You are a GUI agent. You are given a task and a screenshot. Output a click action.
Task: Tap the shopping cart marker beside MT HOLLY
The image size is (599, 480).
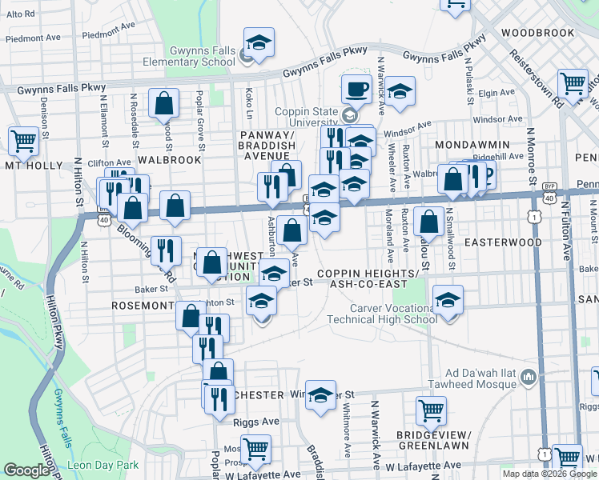click(x=24, y=141)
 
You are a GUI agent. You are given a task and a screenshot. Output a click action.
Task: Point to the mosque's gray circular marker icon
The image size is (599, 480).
click(x=528, y=376)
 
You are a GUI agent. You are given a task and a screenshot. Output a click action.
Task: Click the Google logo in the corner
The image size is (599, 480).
click(x=26, y=470)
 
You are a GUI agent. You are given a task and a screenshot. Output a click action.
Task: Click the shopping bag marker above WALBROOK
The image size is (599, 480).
click(x=163, y=104)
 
